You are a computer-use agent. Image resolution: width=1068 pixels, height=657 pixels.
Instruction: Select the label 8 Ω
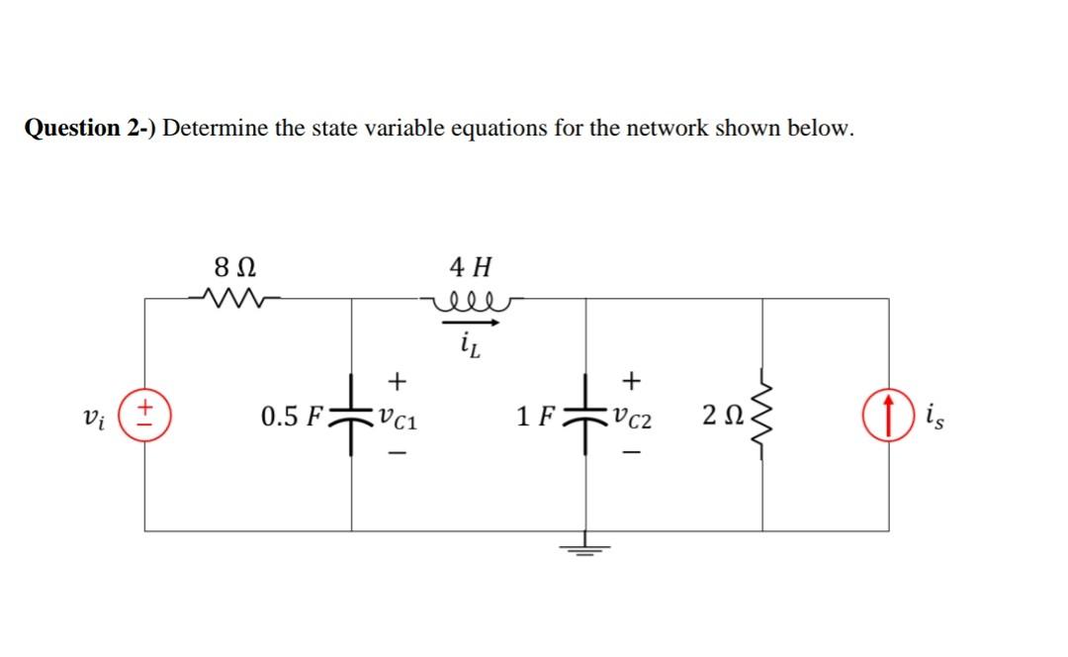point(237,266)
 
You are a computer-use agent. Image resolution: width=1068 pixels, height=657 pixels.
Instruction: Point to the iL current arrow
point(471,322)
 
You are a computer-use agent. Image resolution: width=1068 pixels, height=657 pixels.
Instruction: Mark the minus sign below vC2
point(633,452)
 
